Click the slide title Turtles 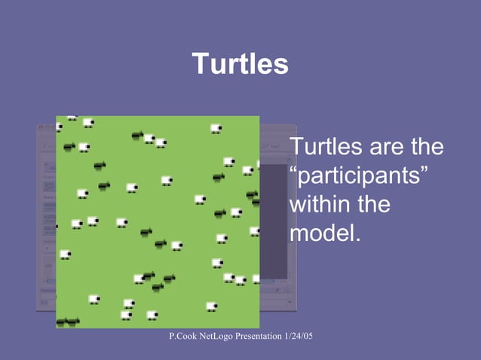point(240,65)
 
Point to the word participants point(359,176)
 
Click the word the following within point(372,204)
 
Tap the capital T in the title point(199,65)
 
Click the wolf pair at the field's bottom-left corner point(67,322)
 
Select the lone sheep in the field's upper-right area point(216,129)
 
